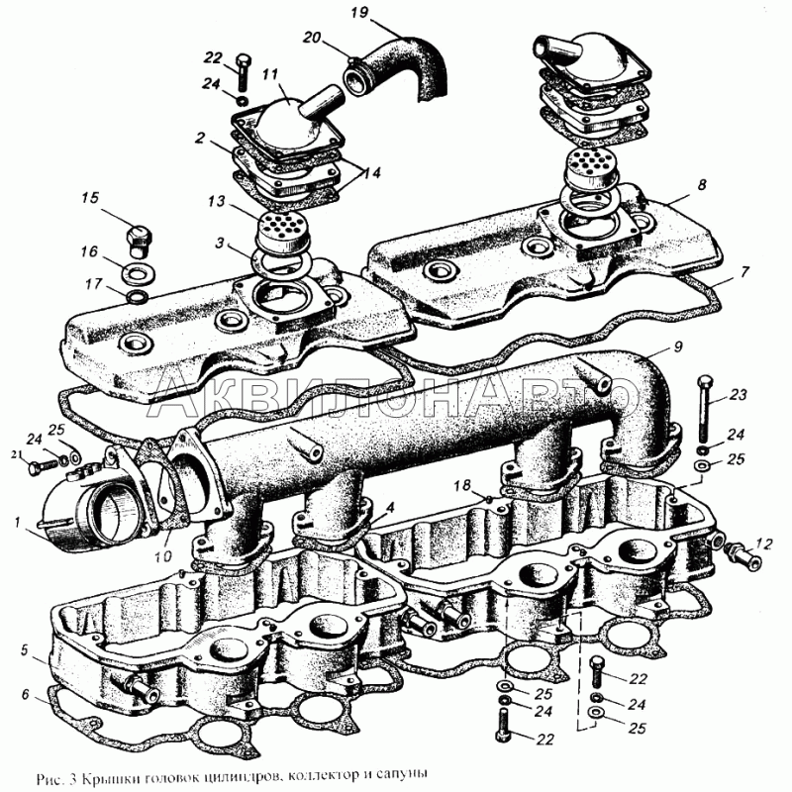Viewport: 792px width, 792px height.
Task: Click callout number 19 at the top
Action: (359, 12)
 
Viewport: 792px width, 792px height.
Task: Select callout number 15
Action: (90, 197)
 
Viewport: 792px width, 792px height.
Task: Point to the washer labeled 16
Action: (138, 274)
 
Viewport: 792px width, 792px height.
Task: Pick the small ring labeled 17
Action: (137, 298)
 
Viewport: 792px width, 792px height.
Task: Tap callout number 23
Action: (738, 394)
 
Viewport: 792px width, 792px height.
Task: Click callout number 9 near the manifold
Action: (678, 346)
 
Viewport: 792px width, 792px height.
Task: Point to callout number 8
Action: (702, 185)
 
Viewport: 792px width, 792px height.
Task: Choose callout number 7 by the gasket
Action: (745, 272)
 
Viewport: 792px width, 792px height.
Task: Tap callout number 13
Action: (217, 202)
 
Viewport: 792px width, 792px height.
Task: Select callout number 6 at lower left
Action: (26, 695)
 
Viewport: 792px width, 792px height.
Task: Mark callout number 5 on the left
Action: (25, 649)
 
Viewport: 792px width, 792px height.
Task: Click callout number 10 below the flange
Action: (162, 556)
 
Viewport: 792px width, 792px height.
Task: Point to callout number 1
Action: (17, 522)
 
